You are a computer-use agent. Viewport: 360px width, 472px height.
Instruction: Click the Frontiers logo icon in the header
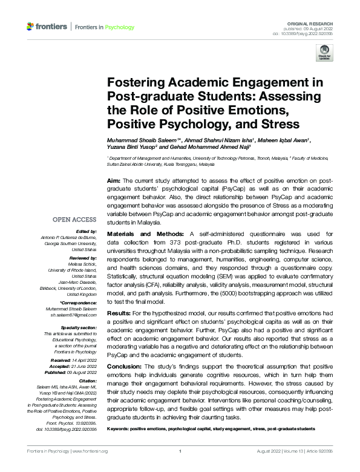30,27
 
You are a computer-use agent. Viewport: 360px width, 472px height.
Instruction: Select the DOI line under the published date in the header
310,33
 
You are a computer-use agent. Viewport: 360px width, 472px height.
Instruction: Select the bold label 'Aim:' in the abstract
113,181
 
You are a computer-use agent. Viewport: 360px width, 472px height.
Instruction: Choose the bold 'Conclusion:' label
126,367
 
